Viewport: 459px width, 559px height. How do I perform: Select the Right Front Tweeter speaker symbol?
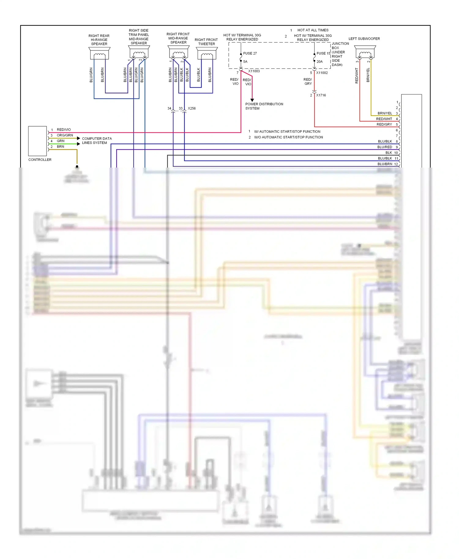click(x=207, y=54)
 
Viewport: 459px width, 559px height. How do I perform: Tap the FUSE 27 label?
click(x=250, y=54)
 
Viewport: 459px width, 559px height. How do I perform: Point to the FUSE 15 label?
click(x=323, y=54)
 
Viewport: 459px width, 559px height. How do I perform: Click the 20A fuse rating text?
click(x=319, y=62)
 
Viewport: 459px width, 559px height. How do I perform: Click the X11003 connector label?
click(x=254, y=71)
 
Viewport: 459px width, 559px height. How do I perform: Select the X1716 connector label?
click(x=321, y=95)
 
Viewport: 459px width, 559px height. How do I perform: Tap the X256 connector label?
click(x=192, y=109)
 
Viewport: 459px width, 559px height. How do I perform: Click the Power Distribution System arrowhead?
click(x=252, y=100)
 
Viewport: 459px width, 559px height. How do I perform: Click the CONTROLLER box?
click(x=37, y=141)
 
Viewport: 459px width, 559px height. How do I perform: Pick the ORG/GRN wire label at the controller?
click(x=65, y=135)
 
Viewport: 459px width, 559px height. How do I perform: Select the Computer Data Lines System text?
click(x=97, y=141)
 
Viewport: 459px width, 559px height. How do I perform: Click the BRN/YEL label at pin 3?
click(x=385, y=113)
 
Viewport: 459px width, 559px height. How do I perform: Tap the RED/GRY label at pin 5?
click(x=384, y=124)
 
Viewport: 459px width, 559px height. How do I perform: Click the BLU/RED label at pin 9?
click(x=385, y=147)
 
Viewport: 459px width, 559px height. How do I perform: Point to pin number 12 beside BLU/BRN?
click(x=396, y=164)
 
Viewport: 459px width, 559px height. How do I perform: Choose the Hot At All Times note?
click(x=313, y=30)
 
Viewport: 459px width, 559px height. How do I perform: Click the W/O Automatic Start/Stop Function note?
click(x=288, y=137)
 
